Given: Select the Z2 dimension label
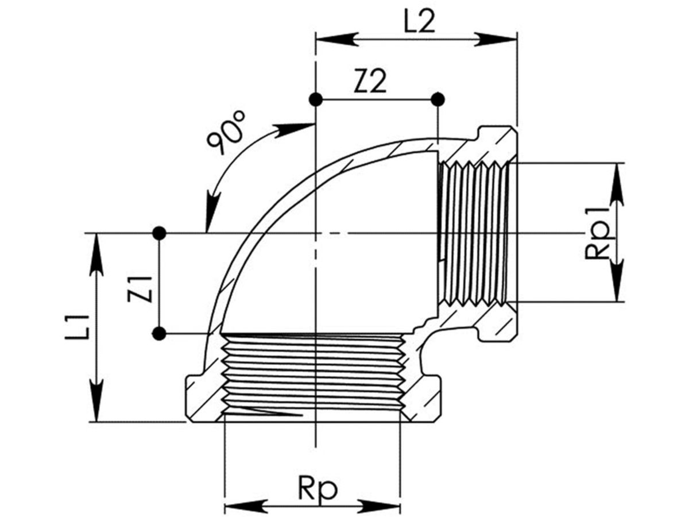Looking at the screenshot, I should tap(370, 83).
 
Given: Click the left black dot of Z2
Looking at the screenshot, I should tap(315, 99).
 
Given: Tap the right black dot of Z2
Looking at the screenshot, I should tap(438, 99).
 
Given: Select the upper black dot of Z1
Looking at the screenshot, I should tap(160, 233).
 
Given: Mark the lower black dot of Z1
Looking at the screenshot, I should tap(160, 333).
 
